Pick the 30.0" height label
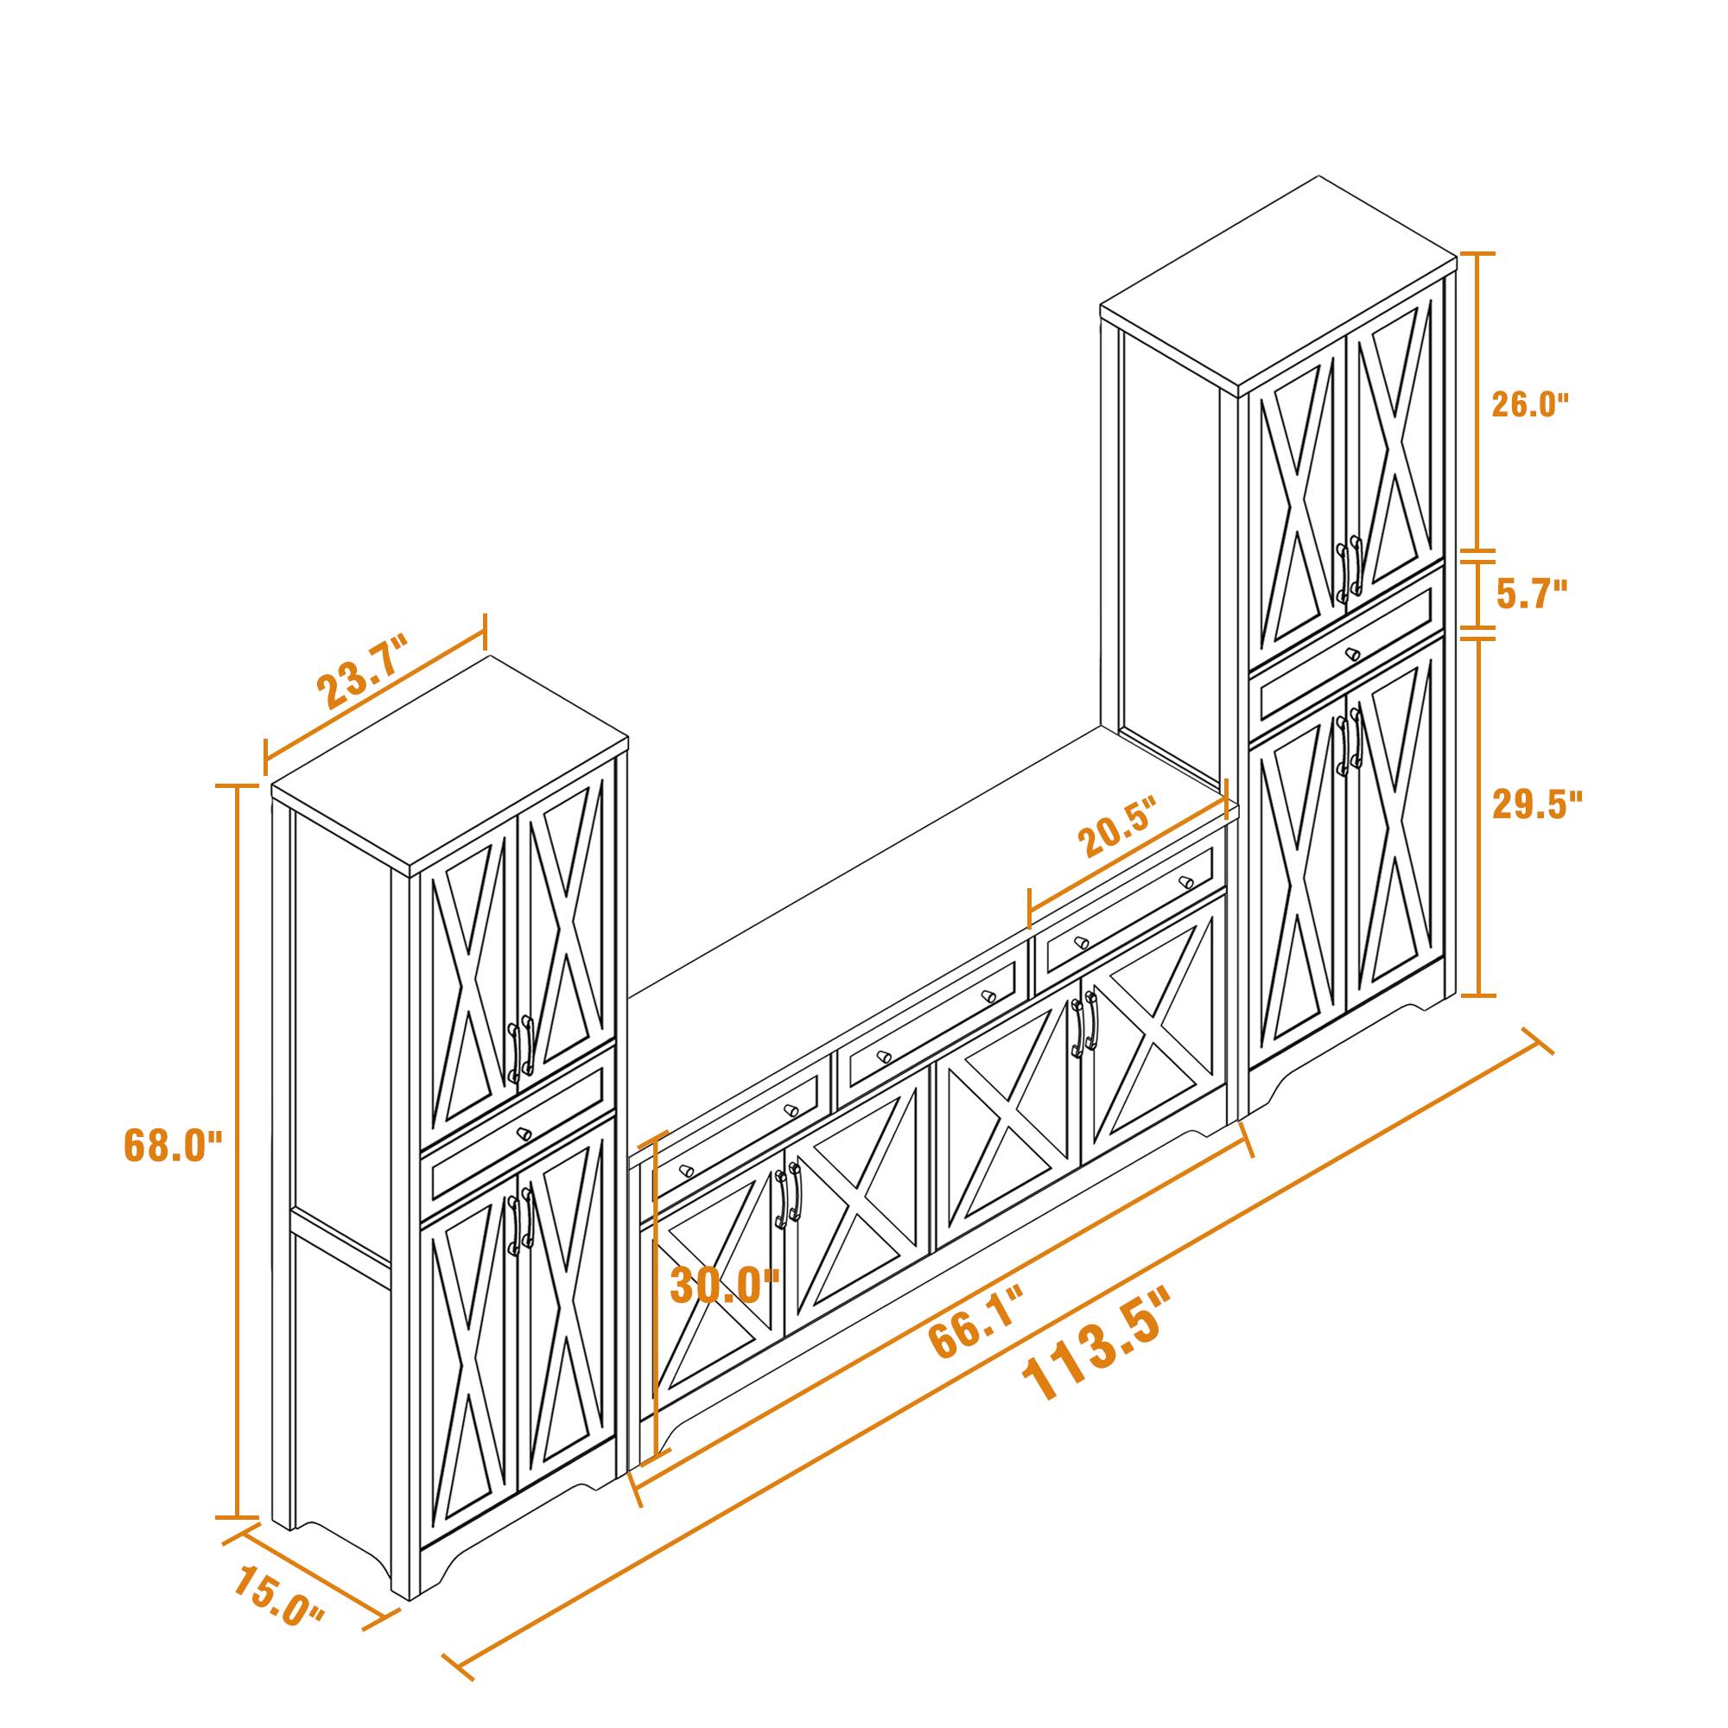tap(725, 1286)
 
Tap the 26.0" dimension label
tap(1529, 405)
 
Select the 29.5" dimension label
tap(1536, 804)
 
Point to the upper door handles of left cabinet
tap(520, 1047)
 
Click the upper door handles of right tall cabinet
tap(1349, 565)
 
